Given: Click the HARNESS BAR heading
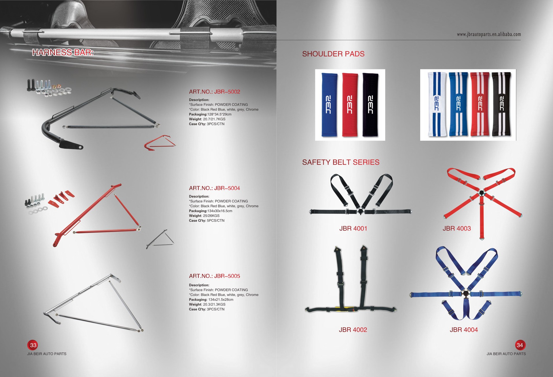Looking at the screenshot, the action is pyautogui.click(x=63, y=52).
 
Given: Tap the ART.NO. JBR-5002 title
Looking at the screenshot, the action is pyautogui.click(x=214, y=92).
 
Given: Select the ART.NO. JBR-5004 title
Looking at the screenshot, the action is pyautogui.click(x=214, y=188).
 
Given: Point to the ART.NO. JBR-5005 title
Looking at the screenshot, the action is pyautogui.click(x=214, y=276).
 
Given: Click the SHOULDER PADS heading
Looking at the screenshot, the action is pyautogui.click(x=333, y=54).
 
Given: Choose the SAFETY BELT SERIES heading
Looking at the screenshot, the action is pyautogui.click(x=341, y=162).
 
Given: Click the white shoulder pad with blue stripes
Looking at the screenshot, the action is pyautogui.click(x=437, y=104).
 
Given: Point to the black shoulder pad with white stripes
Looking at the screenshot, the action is pyautogui.click(x=501, y=104).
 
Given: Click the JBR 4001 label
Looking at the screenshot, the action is pyautogui.click(x=353, y=229).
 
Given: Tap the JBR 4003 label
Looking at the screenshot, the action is pyautogui.click(x=457, y=229).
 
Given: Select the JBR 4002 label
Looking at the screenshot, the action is pyautogui.click(x=353, y=330).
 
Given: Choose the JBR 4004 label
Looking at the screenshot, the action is pyautogui.click(x=464, y=330).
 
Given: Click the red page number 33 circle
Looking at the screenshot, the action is pyautogui.click(x=33, y=345).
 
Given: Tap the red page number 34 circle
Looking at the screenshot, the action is pyautogui.click(x=520, y=345).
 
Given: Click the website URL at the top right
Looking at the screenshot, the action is pyautogui.click(x=489, y=35).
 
